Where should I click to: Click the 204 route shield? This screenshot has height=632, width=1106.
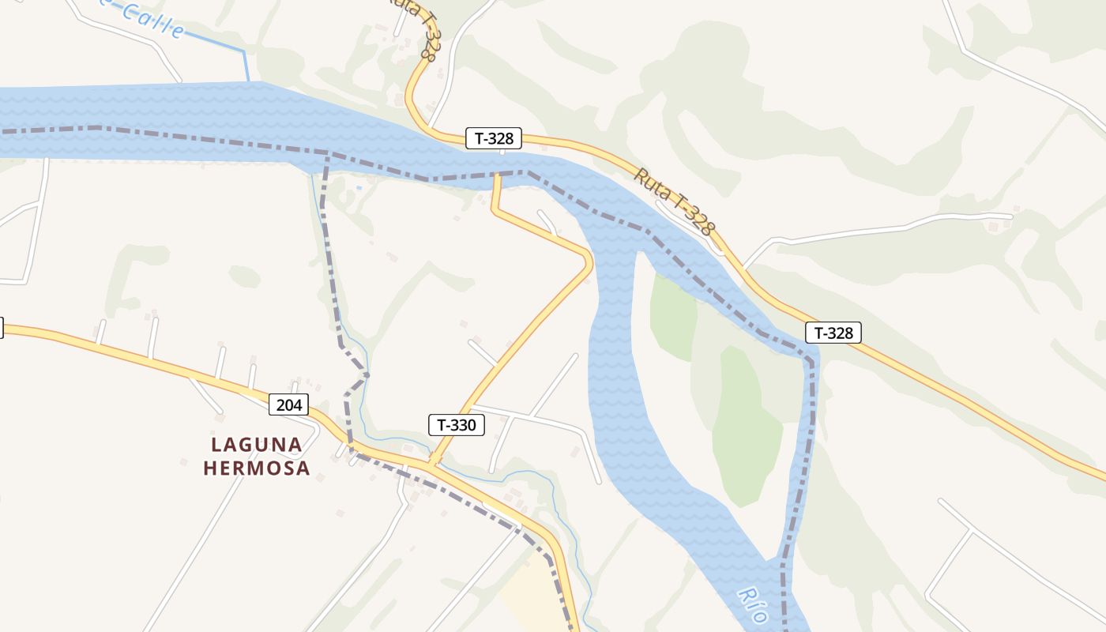tap(289, 405)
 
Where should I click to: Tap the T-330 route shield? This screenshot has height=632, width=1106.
tap(456, 425)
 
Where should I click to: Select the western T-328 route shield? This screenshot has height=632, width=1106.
tap(494, 138)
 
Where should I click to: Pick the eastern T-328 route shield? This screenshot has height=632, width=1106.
tap(833, 333)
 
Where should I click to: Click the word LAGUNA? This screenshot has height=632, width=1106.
tap(256, 445)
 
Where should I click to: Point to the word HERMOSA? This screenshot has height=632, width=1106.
tap(256, 468)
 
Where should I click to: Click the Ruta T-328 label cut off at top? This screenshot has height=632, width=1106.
tap(419, 32)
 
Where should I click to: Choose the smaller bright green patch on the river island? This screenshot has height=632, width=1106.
tap(672, 316)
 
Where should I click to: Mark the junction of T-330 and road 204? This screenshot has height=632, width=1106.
tap(432, 461)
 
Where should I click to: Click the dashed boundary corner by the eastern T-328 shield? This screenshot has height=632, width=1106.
tap(811, 362)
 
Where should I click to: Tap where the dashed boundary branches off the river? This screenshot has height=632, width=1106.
tap(328, 153)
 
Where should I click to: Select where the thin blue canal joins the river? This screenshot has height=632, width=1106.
tap(250, 81)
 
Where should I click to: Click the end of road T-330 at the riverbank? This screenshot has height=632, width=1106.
tap(496, 176)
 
